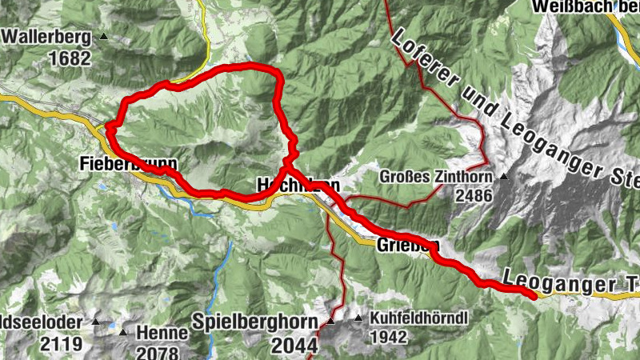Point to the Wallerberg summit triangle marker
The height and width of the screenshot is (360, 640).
pyautogui.click(x=103, y=38)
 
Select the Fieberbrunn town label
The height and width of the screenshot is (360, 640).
pyautogui.click(x=128, y=164)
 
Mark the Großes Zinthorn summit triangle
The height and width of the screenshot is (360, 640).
pyautogui.click(x=504, y=176)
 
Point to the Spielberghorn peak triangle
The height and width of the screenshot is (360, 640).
pyautogui.click(x=330, y=322)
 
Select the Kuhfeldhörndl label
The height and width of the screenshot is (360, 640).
pyautogui.click(x=418, y=318)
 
